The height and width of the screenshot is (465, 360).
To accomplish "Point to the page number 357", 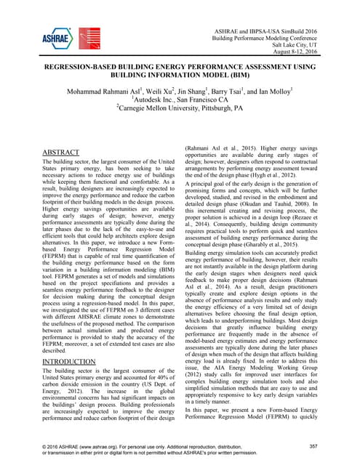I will (x=313, y=445).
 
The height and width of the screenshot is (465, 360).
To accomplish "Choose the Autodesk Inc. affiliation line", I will (x=180, y=102).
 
